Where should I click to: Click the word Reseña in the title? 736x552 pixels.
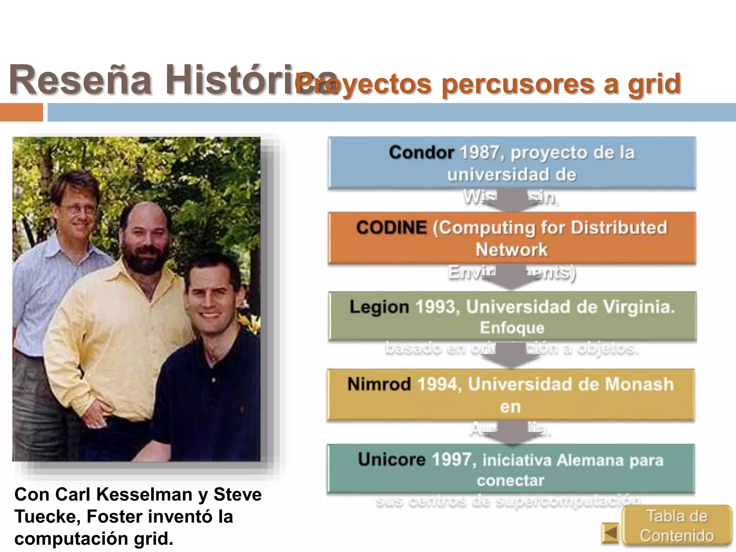[x=80, y=80]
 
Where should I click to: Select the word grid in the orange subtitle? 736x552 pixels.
[x=654, y=84]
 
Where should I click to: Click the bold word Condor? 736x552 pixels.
[x=422, y=153]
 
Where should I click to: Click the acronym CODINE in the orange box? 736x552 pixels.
[x=391, y=228]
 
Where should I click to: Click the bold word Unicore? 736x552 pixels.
[x=391, y=460]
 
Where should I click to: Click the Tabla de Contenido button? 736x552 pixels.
[x=677, y=526]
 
